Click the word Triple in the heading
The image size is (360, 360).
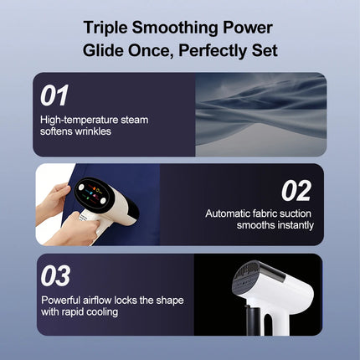pos(105,28)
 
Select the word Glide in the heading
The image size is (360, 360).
pos(103,50)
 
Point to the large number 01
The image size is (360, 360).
pos(54,95)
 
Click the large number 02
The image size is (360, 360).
pos(296,191)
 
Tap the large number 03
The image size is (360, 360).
pos(55,275)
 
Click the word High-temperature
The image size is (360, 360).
pos(79,120)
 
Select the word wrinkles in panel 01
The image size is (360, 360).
pos(94,131)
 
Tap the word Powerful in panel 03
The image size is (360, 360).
pos(60,301)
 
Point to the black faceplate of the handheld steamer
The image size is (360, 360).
pos(94,194)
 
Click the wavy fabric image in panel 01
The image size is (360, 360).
pos(261,115)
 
